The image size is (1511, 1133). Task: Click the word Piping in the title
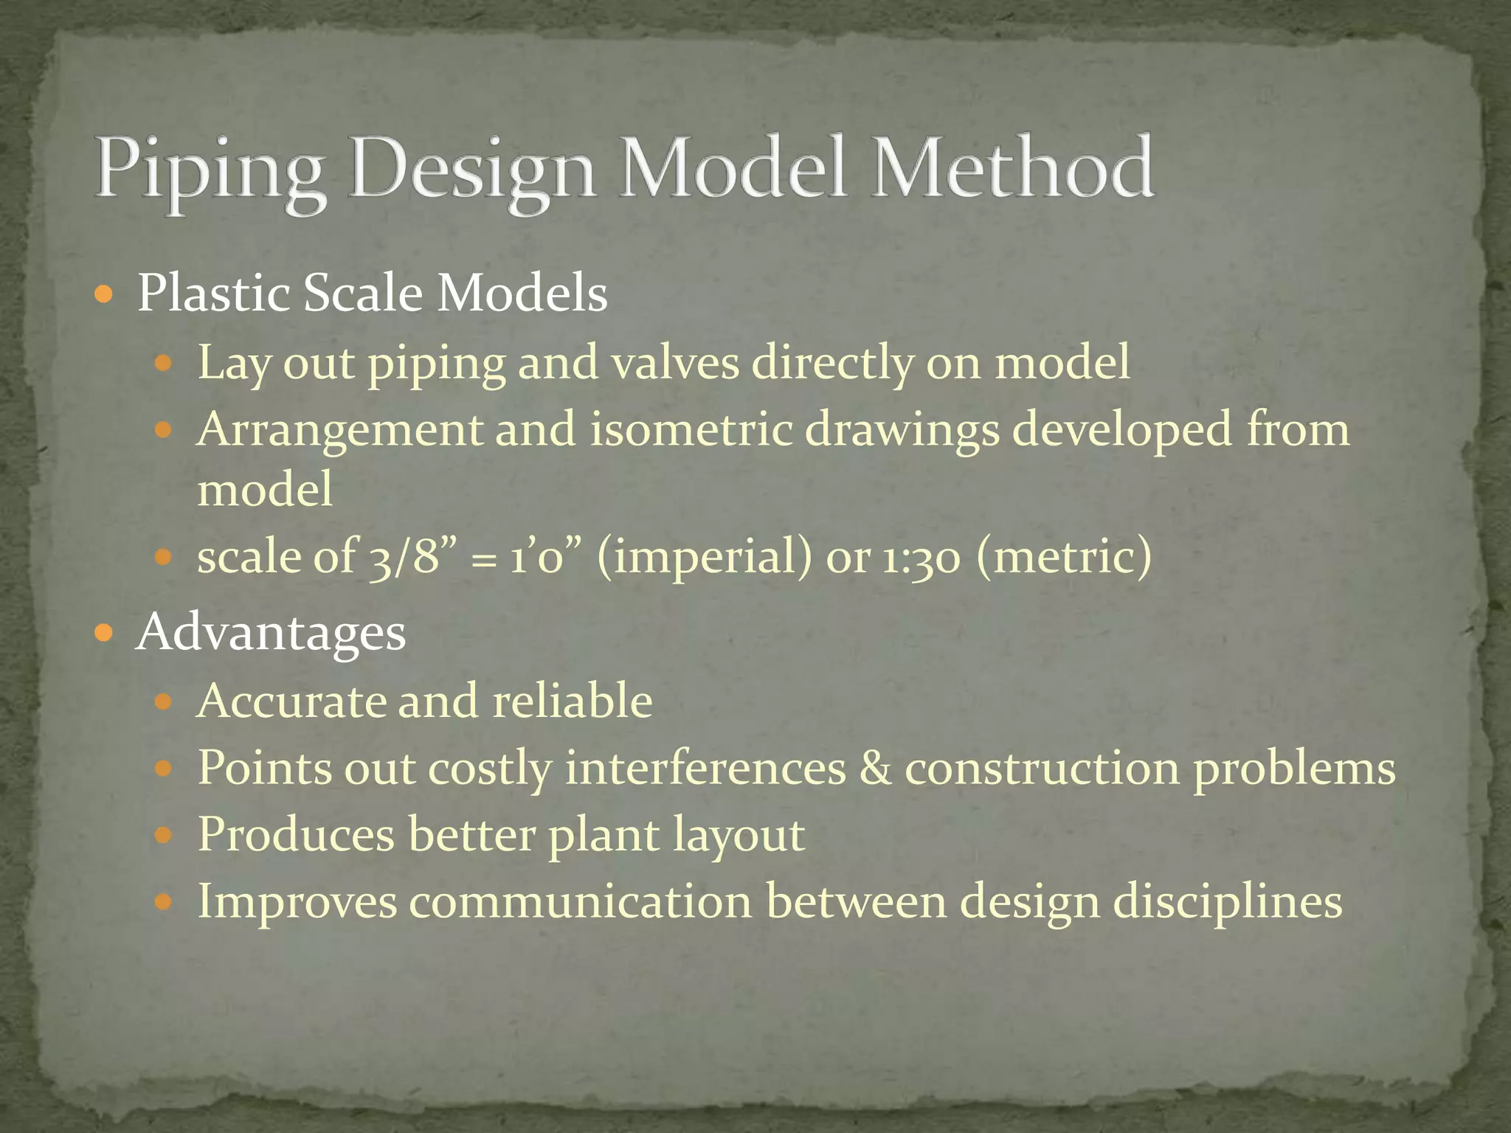pyautogui.click(x=210, y=171)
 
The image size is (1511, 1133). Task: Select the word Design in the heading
pyautogui.click(x=472, y=171)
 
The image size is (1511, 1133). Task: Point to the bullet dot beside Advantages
pyautogui.click(x=105, y=632)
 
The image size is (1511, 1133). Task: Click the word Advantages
pyautogui.click(x=271, y=633)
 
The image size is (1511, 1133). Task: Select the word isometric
pyautogui.click(x=691, y=429)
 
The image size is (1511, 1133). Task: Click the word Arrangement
pyautogui.click(x=339, y=430)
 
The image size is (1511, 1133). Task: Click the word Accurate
pyautogui.click(x=291, y=700)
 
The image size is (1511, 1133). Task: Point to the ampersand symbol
pyautogui.click(x=875, y=767)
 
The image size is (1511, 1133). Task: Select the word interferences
pyautogui.click(x=705, y=767)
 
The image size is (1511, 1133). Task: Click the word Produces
pyautogui.click(x=296, y=834)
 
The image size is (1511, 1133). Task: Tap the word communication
pyautogui.click(x=581, y=901)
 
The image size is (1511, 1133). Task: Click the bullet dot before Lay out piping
pyautogui.click(x=164, y=363)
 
